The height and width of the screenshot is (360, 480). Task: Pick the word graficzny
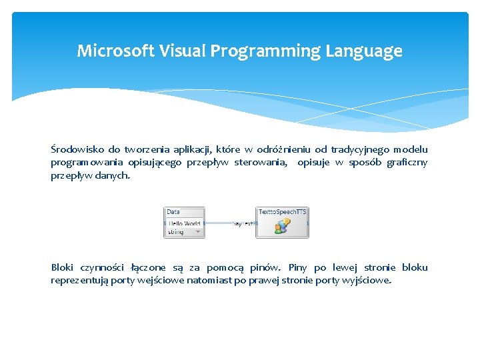pyautogui.click(x=407, y=163)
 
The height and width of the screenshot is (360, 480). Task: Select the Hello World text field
pyautogui.click(x=184, y=223)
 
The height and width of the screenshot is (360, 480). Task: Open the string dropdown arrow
pyautogui.click(x=198, y=232)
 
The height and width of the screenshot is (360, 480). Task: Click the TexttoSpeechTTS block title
pyautogui.click(x=283, y=212)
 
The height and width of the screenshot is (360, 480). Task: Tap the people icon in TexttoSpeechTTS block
pyautogui.click(x=282, y=227)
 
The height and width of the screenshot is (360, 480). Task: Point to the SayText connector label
pyautogui.click(x=243, y=224)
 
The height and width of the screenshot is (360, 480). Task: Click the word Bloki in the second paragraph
pyautogui.click(x=63, y=267)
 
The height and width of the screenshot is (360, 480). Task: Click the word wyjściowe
pyautogui.click(x=367, y=281)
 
